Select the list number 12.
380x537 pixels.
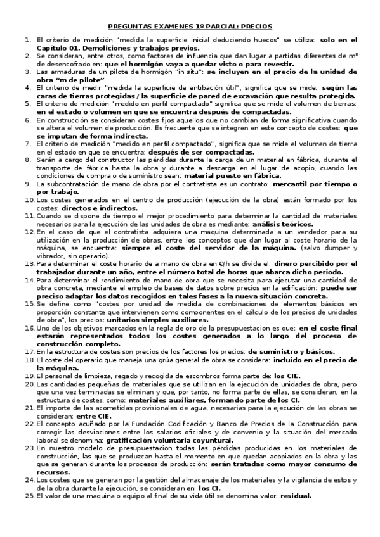coord(29,232)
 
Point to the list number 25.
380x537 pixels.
coord(29,496)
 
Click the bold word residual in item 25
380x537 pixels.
coord(296,496)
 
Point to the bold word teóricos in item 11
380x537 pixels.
coord(298,224)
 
